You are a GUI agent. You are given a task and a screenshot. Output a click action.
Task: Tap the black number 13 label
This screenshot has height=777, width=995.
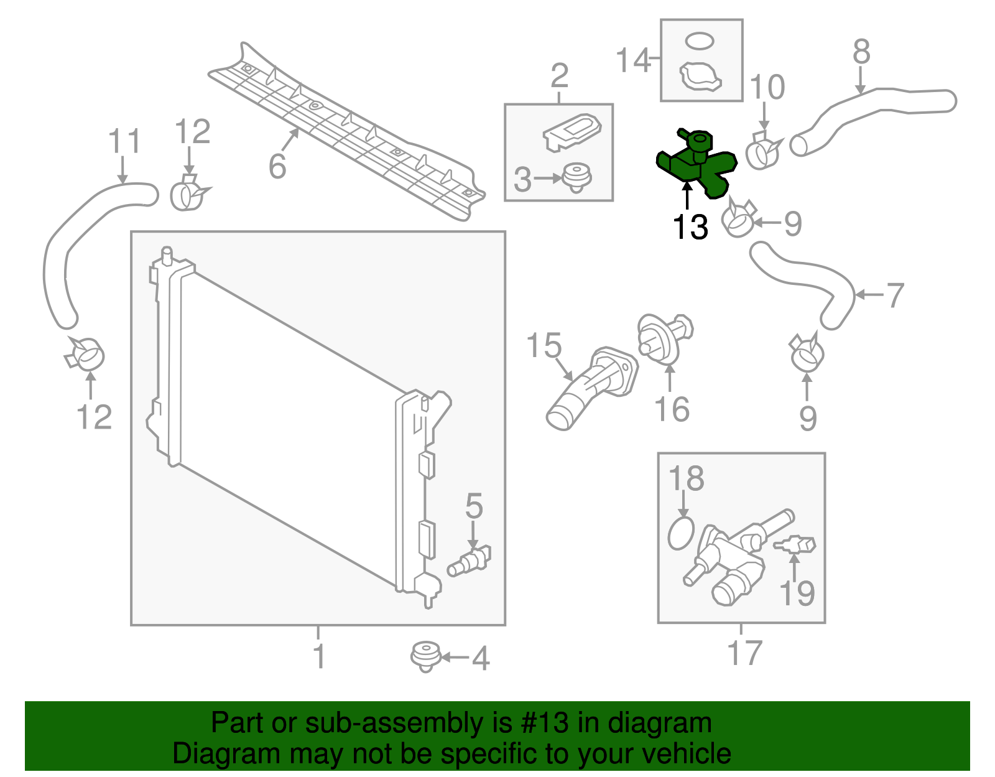(690, 227)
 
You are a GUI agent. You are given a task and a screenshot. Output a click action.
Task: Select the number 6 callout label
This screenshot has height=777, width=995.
(277, 166)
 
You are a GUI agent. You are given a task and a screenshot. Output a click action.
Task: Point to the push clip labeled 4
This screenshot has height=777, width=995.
(425, 657)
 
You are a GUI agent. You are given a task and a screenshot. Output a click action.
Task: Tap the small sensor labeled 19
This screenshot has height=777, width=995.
(795, 546)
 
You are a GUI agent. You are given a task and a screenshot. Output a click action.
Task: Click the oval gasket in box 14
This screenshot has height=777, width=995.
(700, 42)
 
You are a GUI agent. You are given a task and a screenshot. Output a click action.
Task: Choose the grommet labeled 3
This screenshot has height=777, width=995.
(576, 178)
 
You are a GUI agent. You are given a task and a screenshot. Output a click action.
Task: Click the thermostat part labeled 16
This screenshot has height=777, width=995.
(663, 336)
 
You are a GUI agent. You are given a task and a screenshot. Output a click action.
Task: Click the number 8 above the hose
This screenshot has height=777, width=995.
(861, 52)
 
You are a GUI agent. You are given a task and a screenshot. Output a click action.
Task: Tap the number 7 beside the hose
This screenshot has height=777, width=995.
(894, 295)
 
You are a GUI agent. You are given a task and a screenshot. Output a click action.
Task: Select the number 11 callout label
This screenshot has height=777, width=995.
(124, 142)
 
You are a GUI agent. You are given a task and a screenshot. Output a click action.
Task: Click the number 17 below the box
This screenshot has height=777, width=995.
(744, 653)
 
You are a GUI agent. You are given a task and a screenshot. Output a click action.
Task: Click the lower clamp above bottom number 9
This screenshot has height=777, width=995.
(807, 353)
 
